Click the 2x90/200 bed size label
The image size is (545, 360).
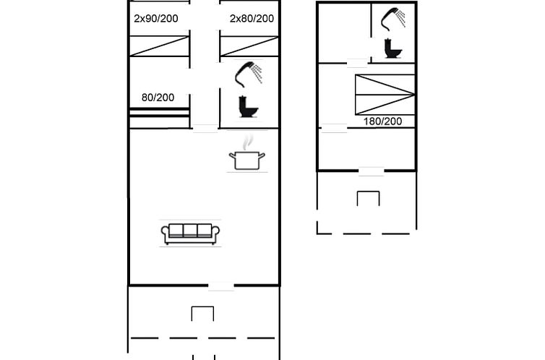click(x=156, y=18)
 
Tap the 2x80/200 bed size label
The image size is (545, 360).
click(x=252, y=18)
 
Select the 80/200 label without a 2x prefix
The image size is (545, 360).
click(x=158, y=98)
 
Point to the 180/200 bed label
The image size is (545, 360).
click(x=382, y=121)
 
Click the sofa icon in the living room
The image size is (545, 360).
click(x=191, y=234)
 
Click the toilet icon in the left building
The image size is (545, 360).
click(x=248, y=106)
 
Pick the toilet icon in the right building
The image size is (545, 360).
click(x=393, y=48)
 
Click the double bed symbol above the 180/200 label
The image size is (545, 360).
click(x=385, y=95)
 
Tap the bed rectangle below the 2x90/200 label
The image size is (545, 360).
click(x=160, y=46)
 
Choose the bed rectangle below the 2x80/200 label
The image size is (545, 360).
click(x=249, y=46)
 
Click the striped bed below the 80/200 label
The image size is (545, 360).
click(x=160, y=118)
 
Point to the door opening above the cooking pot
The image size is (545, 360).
click(x=205, y=129)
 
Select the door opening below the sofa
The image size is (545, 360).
click(x=221, y=286)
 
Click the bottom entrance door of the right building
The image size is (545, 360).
click(x=372, y=171)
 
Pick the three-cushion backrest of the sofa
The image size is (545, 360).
click(x=191, y=230)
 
